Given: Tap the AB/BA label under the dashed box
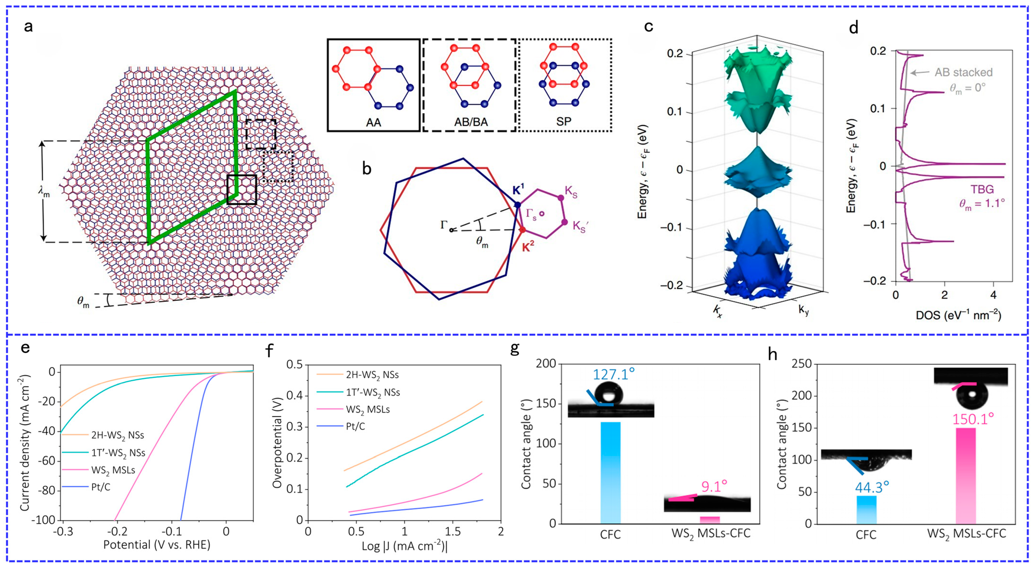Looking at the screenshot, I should (x=471, y=122).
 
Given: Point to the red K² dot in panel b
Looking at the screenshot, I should (x=523, y=230).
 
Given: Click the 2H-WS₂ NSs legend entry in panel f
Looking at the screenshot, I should (x=372, y=375).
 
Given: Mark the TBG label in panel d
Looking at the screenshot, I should (x=982, y=189).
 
